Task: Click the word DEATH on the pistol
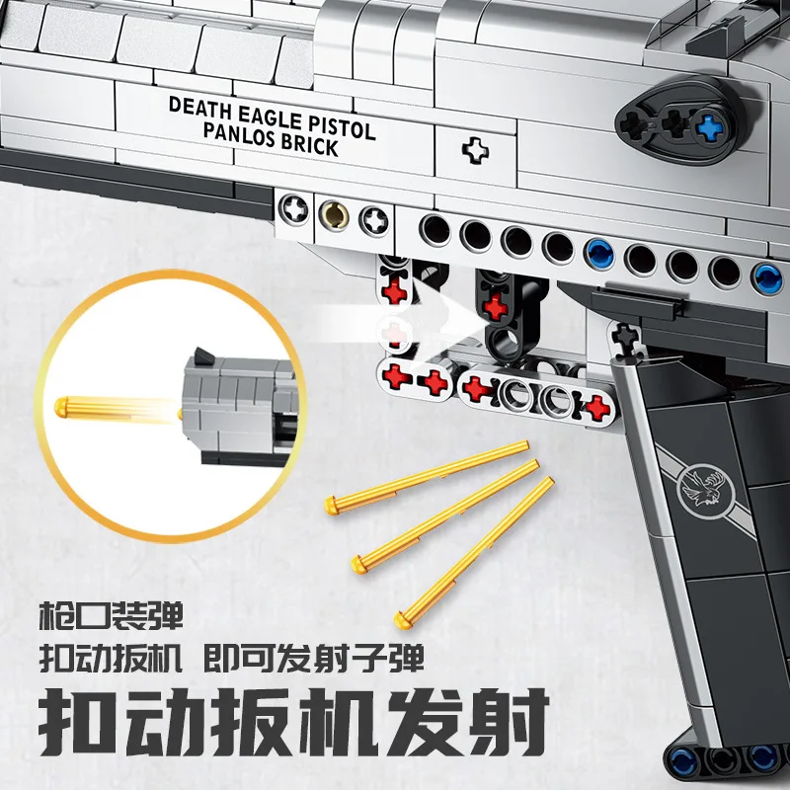[x=199, y=106]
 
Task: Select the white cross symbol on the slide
[x=475, y=151]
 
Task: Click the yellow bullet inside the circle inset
[x=89, y=405]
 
